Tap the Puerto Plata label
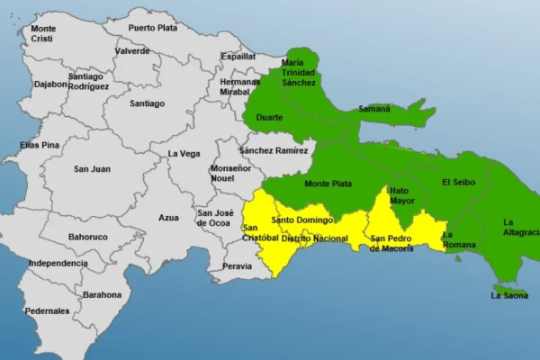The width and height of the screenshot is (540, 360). click(x=153, y=28)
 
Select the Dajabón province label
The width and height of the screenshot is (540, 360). click(x=51, y=85)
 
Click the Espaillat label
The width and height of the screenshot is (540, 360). click(x=238, y=56)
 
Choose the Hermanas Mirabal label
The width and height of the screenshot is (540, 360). click(x=239, y=86)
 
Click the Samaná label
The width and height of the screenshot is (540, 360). click(x=374, y=109)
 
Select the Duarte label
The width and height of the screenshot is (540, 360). click(x=269, y=117)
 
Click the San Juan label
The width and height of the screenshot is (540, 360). click(x=93, y=168)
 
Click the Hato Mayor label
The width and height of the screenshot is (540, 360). click(x=400, y=196)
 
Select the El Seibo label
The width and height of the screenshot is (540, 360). click(x=458, y=182)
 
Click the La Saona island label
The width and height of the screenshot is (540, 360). click(x=508, y=295)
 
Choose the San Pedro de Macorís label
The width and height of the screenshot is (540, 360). click(x=392, y=243)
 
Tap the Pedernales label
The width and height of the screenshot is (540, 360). click(x=48, y=310)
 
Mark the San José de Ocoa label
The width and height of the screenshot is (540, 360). click(x=215, y=218)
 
